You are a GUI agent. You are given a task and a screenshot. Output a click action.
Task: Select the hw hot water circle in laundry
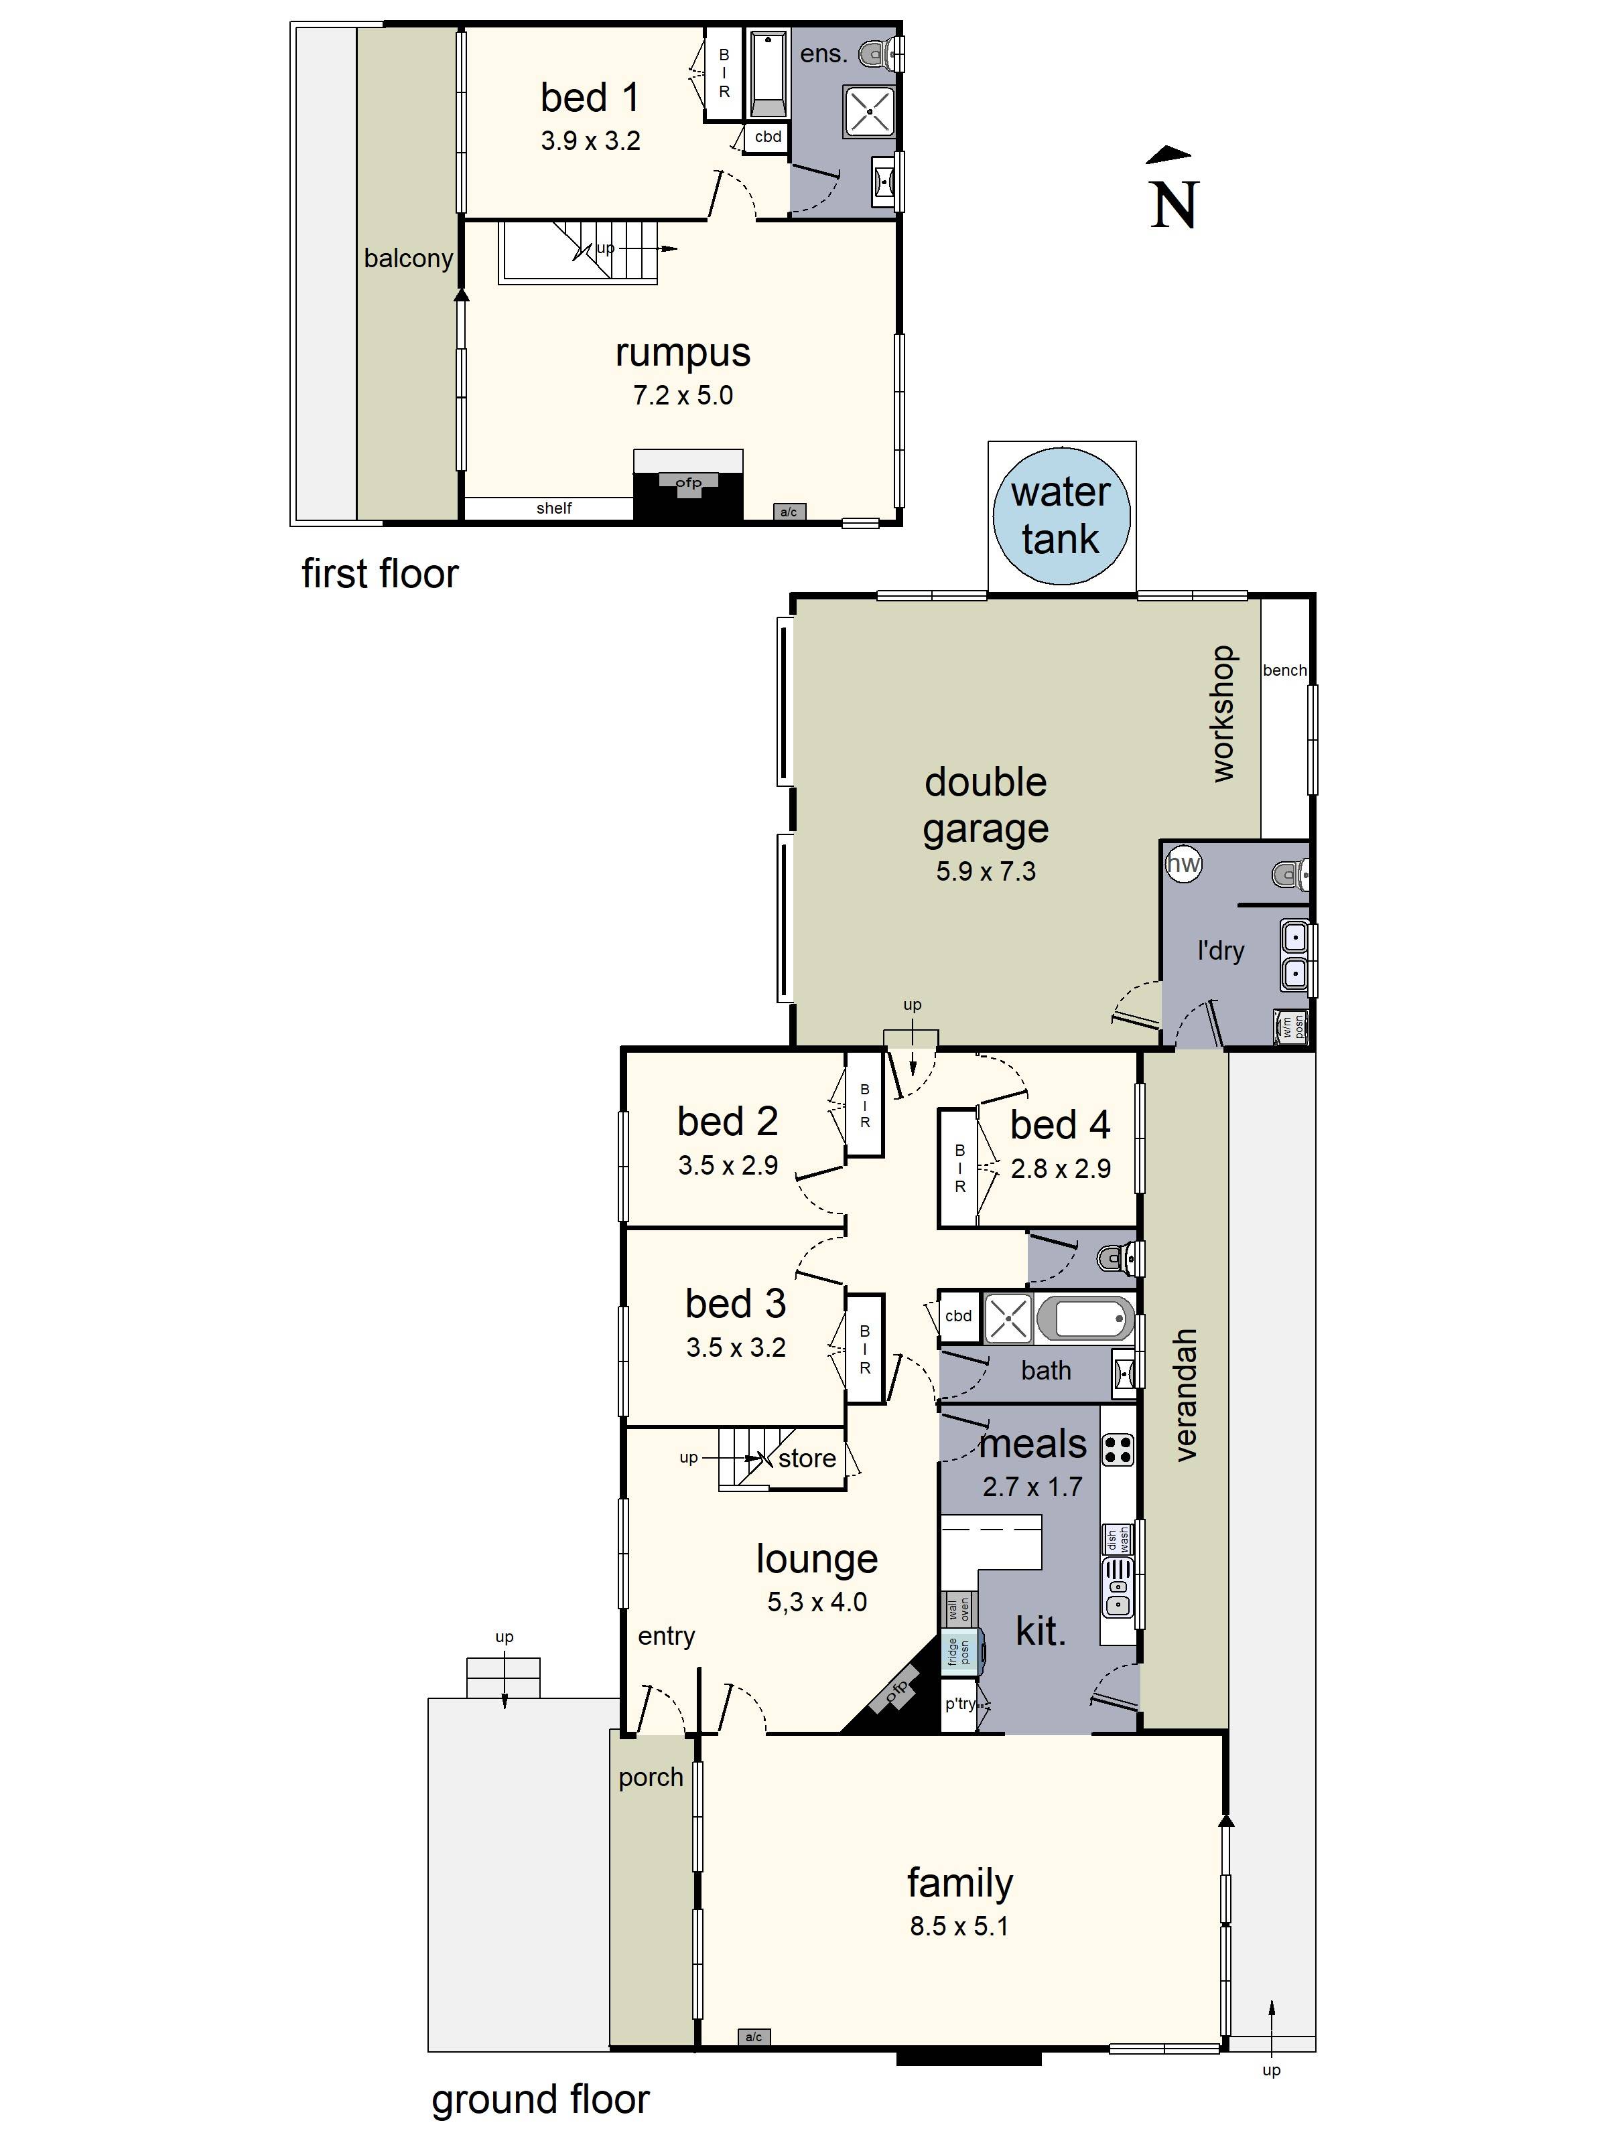1183,863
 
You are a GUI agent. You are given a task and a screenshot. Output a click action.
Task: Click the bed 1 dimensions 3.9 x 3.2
590,141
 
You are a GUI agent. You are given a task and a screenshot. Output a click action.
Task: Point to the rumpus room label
682,353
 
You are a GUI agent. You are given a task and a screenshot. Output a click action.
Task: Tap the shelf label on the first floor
553,508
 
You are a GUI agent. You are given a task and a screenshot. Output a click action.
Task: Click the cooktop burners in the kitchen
1117,1449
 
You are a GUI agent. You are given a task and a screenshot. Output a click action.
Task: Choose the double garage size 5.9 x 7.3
985,872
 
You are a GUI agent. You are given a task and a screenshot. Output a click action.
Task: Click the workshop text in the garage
1223,713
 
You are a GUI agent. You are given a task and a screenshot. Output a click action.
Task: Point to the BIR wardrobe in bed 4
959,1167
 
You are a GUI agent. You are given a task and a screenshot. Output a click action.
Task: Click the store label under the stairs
807,1458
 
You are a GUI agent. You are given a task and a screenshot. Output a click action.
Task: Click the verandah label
1185,1394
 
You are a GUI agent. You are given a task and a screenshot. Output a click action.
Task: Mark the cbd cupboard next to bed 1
768,137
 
